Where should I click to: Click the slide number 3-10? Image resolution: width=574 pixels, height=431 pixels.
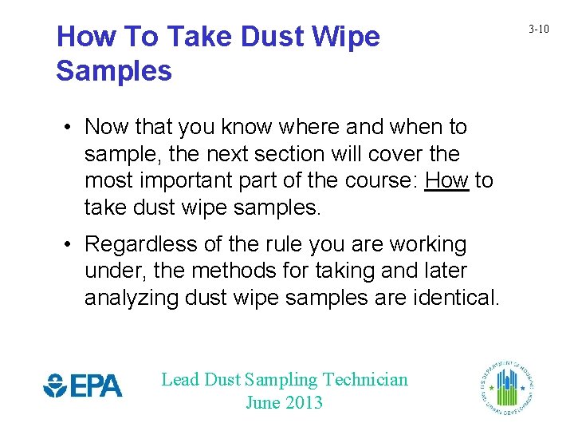(539, 30)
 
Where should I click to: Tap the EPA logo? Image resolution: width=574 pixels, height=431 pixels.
(83, 386)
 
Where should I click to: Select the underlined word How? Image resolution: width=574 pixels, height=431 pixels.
(446, 181)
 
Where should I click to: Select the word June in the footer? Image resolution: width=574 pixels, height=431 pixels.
(262, 402)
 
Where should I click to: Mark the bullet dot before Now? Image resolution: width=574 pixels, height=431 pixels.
(71, 128)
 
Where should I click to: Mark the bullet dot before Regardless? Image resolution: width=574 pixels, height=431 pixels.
(71, 244)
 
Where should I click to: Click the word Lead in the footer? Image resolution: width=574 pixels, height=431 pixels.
(179, 380)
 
